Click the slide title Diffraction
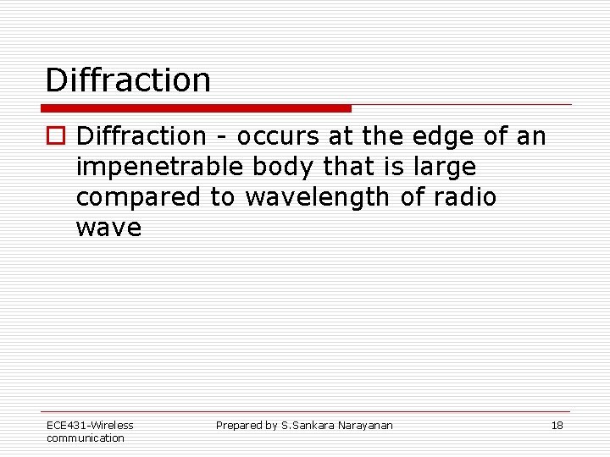tap(128, 80)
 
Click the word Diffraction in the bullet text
tap(141, 135)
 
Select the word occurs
tap(274, 136)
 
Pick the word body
tap(285, 167)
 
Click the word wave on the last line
tap(108, 228)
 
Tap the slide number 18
tap(557, 426)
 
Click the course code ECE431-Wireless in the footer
tap(90, 426)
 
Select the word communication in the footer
tap(85, 438)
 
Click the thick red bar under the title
tap(197, 108)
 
